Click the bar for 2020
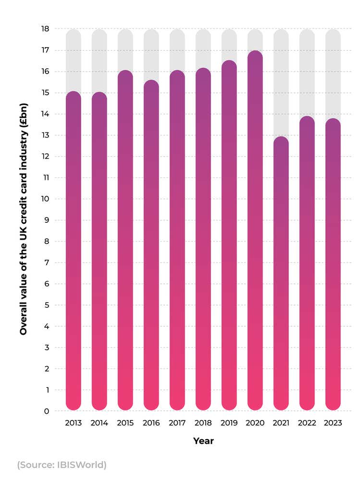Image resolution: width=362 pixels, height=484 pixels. [255, 231]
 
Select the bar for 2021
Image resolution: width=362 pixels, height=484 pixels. [281, 274]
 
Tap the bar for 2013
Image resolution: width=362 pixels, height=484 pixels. [74, 250]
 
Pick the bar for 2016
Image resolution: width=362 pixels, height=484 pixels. [151, 245]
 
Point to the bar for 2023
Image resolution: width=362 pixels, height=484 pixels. [333, 265]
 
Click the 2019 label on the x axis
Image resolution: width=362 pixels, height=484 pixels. [229, 423]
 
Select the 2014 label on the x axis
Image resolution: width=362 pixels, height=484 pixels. [100, 423]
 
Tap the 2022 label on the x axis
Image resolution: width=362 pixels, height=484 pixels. [307, 423]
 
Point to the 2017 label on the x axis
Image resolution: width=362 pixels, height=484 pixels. [177, 423]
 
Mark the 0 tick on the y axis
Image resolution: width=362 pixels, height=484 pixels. [47, 411]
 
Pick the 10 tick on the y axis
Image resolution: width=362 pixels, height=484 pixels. [45, 199]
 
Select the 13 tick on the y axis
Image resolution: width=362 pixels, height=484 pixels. [45, 135]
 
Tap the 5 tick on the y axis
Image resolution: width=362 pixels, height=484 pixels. [47, 305]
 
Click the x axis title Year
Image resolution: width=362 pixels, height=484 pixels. [203, 441]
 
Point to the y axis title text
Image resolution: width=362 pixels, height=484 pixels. [23, 219]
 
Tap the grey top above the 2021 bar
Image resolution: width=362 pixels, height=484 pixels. [281, 82]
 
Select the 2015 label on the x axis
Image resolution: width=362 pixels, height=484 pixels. [125, 423]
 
